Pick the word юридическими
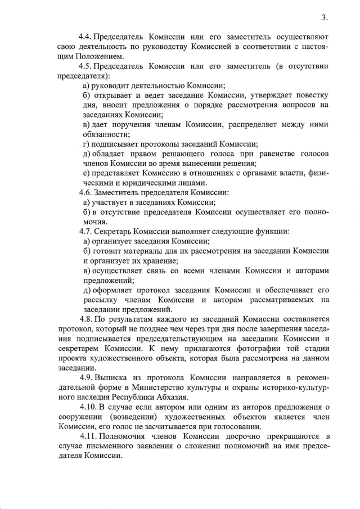146,182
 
